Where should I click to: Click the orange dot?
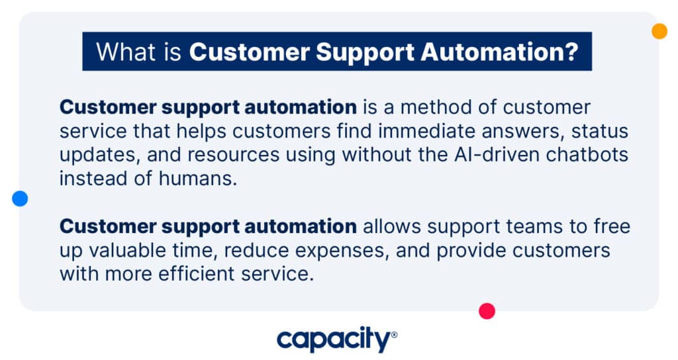point(659,31)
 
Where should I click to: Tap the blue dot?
point(20,199)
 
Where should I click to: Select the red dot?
point(487,311)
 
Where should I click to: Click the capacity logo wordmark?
point(334,339)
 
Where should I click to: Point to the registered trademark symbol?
point(394,334)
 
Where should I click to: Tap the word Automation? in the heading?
point(499,52)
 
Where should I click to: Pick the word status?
point(599,131)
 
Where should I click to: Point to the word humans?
point(197,179)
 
